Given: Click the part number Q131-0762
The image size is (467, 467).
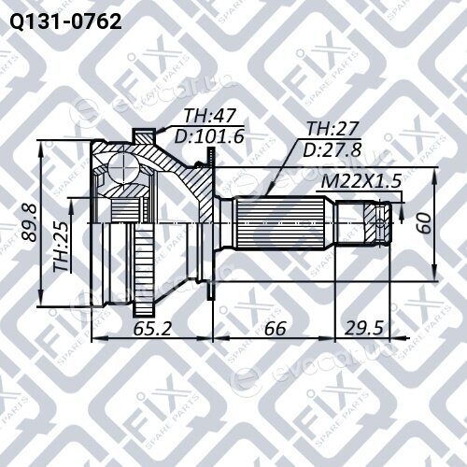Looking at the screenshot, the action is [65, 22].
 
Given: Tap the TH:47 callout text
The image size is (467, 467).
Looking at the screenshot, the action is [209, 116].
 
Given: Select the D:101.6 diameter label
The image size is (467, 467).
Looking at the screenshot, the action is [209, 136].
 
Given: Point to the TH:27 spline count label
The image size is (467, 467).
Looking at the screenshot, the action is [333, 129].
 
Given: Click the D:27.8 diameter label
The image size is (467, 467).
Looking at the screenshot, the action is [332, 149].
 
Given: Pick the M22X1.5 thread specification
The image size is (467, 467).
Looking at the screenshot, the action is [361, 181].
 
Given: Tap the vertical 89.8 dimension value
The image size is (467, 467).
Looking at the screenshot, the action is [30, 222].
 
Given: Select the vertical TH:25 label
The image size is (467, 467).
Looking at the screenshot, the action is [62, 246].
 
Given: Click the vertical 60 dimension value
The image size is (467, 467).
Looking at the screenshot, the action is [424, 223].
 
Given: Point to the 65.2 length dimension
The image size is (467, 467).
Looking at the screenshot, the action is [152, 328].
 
